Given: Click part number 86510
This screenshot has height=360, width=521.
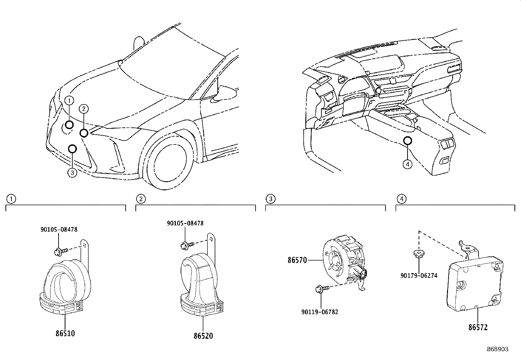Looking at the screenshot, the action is point(65,333).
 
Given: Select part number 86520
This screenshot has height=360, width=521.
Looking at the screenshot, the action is point(203,336).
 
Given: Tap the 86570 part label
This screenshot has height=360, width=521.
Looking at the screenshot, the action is point(297,260).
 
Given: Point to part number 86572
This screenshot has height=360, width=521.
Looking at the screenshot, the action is point(478,327).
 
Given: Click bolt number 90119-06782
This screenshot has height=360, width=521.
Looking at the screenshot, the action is point(320,312).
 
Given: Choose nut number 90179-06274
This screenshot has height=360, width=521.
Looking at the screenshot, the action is point(419,276).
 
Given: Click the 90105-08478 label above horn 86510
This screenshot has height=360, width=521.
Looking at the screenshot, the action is point(59,229).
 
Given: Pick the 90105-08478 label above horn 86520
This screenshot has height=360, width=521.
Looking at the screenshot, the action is point(185,223).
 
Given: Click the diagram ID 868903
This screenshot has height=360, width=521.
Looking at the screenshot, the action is point(498,349).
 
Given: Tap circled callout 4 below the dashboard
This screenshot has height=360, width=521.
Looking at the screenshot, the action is point(407,164).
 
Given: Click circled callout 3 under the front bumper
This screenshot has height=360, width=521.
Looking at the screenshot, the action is point(72,173).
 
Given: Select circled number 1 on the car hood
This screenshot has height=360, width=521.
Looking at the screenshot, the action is point(69,101).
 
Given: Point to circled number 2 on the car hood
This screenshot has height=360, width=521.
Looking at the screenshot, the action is point(84,108).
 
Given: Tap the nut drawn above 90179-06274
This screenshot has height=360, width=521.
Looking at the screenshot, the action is point(419,254).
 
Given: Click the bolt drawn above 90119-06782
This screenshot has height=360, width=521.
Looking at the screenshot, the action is point(322,289).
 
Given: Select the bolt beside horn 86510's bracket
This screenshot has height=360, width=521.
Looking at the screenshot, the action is point(61,252).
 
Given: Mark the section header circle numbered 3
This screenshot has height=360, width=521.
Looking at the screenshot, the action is point(271,199).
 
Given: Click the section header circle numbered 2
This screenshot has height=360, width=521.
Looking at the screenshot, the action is point(141,199).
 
